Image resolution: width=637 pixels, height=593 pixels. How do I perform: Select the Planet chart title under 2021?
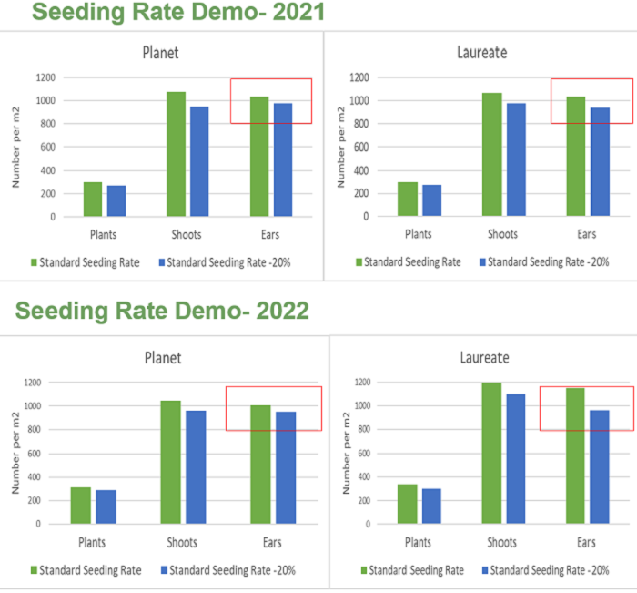point(160,52)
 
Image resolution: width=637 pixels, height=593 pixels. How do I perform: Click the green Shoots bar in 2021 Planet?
point(176,154)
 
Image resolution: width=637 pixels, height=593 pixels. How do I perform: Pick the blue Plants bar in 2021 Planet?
point(116,201)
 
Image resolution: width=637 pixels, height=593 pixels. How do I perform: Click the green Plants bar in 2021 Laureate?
point(407,199)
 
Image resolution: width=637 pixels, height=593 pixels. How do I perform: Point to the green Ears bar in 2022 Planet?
point(261,465)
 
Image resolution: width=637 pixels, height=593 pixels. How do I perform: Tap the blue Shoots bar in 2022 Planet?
point(196,467)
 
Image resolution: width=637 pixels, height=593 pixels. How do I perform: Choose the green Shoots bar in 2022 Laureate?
point(491,453)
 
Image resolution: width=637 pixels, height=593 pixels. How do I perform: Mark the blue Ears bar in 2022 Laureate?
point(601,467)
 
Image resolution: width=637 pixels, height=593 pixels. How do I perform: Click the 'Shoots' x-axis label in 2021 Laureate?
point(502,234)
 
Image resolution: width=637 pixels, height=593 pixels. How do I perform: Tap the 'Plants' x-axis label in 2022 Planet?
point(92,542)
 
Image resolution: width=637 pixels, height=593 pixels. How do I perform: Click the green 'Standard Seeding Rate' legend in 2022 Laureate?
point(412,570)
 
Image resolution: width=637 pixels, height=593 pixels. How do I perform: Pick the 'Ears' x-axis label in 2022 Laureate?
point(588,542)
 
